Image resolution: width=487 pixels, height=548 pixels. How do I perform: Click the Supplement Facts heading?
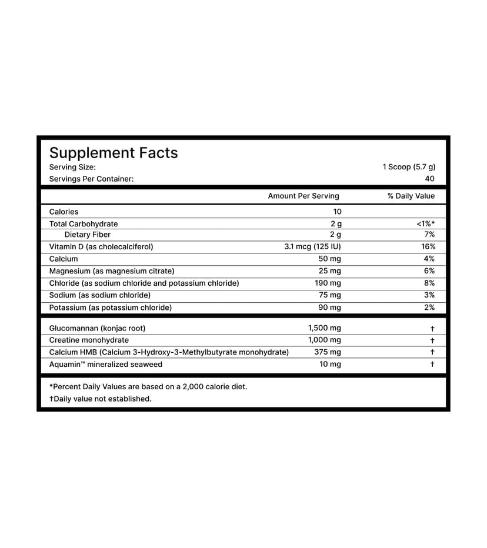(114, 153)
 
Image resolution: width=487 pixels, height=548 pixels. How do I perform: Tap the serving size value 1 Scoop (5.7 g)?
(409, 167)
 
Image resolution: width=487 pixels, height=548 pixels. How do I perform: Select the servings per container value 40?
(429, 179)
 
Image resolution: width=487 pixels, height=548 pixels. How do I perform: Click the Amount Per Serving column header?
(303, 196)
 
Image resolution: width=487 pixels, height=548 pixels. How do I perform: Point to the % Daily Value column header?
(411, 196)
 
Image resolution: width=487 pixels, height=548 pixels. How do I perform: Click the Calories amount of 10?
(336, 212)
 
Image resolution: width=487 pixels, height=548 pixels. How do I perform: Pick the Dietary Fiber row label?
(88, 235)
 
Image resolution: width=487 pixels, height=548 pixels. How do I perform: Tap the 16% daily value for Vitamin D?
(428, 247)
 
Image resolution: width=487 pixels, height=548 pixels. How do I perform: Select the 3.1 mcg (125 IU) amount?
(312, 247)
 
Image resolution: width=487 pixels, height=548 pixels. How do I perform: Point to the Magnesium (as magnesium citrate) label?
(112, 271)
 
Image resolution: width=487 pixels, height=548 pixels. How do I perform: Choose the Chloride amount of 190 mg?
(328, 283)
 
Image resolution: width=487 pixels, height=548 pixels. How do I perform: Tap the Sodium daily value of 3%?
(429, 295)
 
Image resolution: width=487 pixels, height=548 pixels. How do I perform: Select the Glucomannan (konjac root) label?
(97, 328)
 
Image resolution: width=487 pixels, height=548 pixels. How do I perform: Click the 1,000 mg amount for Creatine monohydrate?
(324, 340)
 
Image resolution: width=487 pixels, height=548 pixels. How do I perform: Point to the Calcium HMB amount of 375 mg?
(328, 352)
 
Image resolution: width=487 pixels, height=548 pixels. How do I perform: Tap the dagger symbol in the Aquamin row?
(432, 365)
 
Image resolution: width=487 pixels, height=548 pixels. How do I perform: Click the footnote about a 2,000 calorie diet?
(148, 386)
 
